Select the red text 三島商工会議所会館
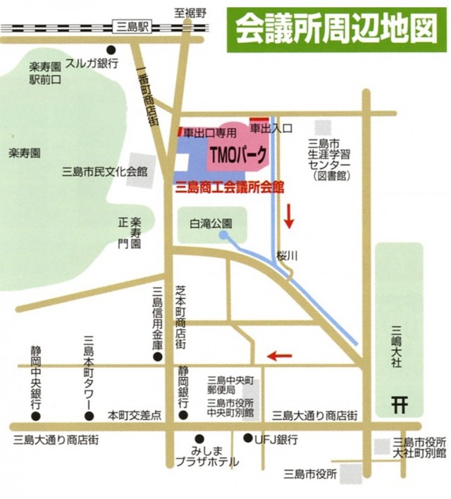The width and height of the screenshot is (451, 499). tap(229, 187)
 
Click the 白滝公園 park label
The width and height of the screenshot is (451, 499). tap(211, 223)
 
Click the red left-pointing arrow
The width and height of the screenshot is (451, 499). tap(279, 355)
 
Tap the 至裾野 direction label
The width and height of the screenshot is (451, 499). tap(190, 12)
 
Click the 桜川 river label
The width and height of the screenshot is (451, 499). tap(288, 257)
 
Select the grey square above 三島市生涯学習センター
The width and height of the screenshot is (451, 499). tap(323, 128)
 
